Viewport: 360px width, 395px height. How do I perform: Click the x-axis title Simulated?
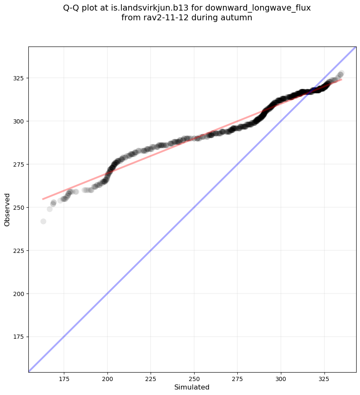tap(192, 387)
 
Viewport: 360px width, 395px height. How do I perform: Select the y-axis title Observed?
tap(7, 209)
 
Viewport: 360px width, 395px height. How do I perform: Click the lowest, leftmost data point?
tap(43, 221)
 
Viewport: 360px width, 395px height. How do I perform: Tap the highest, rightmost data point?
tap(341, 73)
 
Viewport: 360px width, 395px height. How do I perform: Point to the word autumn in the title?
tap(237, 18)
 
